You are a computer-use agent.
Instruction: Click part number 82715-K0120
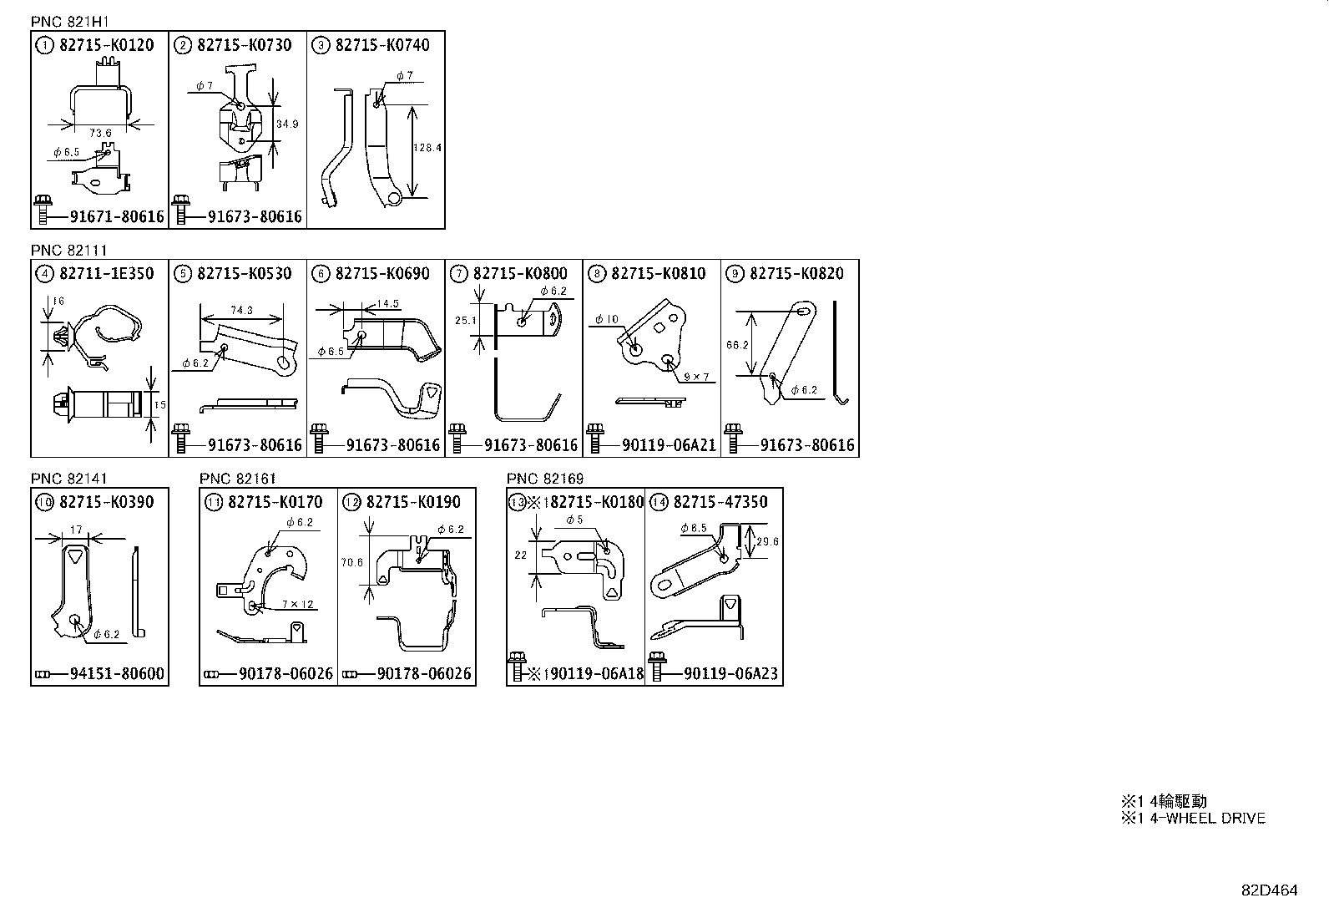(x=106, y=45)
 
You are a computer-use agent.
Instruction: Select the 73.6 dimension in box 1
(x=100, y=133)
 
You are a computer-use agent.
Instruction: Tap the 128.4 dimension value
(x=427, y=148)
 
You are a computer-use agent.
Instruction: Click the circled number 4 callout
(x=43, y=273)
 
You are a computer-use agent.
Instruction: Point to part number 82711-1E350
(x=106, y=273)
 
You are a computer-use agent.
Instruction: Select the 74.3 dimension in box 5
(x=241, y=310)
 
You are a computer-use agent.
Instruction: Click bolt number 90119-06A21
(x=669, y=445)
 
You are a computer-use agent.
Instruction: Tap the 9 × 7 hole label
(x=695, y=377)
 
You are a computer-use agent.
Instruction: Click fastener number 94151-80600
(x=117, y=674)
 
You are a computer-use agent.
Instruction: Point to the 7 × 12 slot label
(x=299, y=604)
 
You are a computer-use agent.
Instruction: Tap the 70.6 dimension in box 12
(x=352, y=562)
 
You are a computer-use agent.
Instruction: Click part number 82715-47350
(x=720, y=502)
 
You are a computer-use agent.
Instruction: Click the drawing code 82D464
(x=1268, y=890)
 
